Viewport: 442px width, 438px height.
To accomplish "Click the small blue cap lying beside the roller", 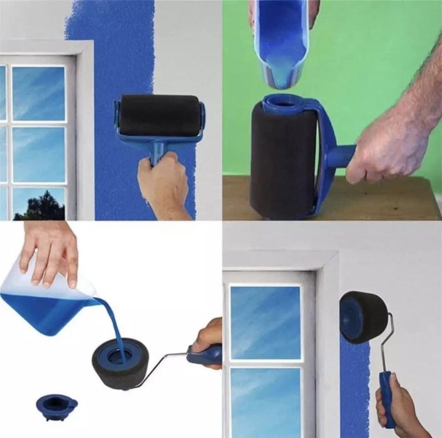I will coord(56,406).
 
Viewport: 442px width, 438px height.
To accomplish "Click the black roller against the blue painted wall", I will coord(159,115).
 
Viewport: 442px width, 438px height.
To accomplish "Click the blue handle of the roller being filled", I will coord(204,355).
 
